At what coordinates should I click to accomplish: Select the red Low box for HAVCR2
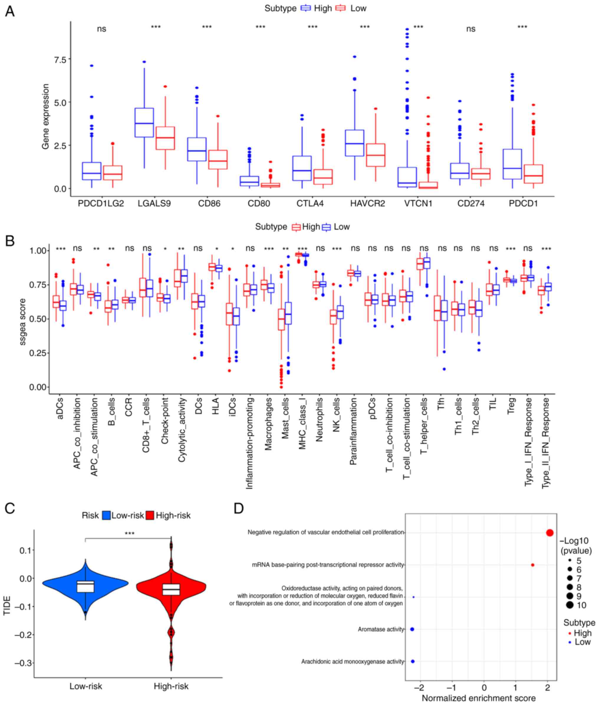tap(376, 155)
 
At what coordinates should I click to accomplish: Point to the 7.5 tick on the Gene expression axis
tap(60, 59)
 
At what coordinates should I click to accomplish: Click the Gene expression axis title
tap(45, 116)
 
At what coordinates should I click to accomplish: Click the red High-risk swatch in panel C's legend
tap(150, 516)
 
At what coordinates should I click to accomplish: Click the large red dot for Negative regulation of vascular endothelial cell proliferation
tap(550, 533)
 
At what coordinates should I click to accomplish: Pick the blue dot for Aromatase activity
tap(412, 629)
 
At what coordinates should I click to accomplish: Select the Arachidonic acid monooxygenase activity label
tap(353, 662)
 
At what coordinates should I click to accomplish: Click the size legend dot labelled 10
tap(570, 605)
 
